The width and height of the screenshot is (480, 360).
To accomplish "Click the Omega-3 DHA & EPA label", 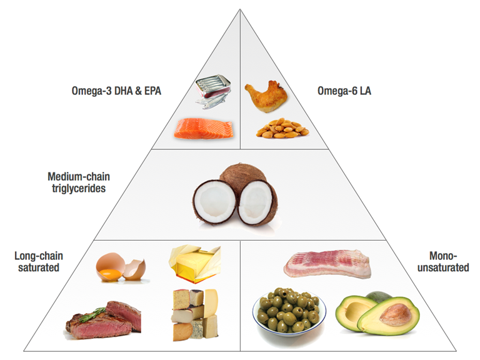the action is [x=116, y=91].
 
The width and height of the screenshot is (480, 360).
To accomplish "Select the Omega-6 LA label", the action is [x=344, y=91].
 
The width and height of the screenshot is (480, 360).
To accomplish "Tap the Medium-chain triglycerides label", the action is [x=79, y=182].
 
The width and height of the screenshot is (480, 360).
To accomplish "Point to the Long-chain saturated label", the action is [x=39, y=262].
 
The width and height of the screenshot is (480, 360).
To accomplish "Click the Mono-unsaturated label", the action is [x=443, y=262].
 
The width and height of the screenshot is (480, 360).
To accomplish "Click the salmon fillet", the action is [x=204, y=129].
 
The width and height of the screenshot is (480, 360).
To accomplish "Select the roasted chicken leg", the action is [x=266, y=96].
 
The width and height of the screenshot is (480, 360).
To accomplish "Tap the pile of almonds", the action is [x=282, y=129].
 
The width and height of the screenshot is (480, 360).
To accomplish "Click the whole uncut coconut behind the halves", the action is [x=243, y=174].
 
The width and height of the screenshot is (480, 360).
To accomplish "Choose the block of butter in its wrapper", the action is [x=195, y=263].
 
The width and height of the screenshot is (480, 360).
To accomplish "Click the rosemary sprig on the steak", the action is [x=92, y=314].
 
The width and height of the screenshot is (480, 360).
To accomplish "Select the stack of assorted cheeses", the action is [x=195, y=314].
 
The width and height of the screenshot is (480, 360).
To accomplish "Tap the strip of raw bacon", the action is [x=327, y=264].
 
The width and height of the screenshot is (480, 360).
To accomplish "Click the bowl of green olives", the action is [x=289, y=312].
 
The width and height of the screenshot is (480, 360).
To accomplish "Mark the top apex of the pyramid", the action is [x=240, y=9].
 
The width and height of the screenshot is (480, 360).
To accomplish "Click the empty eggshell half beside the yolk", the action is [x=135, y=270].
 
